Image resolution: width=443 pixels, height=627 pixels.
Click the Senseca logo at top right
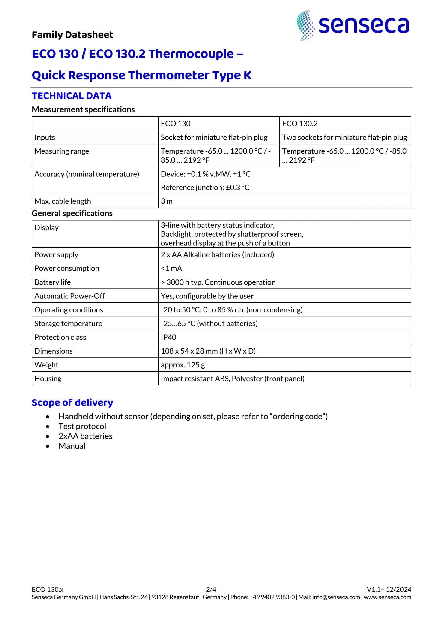click(353, 26)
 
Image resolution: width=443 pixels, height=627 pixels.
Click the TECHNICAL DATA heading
click(72, 96)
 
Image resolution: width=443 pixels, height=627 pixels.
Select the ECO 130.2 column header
click(299, 124)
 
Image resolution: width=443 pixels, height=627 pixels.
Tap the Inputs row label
click(45, 137)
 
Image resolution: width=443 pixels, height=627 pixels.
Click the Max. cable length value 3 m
click(167, 201)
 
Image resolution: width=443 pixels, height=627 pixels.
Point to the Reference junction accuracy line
click(205, 188)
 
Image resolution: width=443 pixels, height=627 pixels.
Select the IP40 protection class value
click(169, 337)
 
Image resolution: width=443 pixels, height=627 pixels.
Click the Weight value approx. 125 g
click(183, 365)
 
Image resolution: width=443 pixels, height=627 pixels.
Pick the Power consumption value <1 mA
click(171, 268)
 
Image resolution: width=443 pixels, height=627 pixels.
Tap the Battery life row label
click(53, 282)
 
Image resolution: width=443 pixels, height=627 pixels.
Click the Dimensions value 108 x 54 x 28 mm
click(208, 351)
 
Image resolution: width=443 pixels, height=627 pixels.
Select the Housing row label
click(48, 379)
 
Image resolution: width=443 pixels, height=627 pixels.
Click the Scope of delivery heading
click(72, 403)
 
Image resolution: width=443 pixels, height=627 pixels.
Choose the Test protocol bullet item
click(82, 426)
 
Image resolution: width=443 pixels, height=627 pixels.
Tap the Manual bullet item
click(72, 446)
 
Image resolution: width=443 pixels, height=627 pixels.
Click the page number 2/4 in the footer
click(211, 589)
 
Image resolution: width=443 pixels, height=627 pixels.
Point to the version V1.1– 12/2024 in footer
click(389, 589)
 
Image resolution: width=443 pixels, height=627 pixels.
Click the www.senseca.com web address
click(387, 597)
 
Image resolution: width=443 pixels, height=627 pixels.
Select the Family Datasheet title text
click(72, 35)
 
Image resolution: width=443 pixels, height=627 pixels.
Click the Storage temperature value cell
click(209, 324)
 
